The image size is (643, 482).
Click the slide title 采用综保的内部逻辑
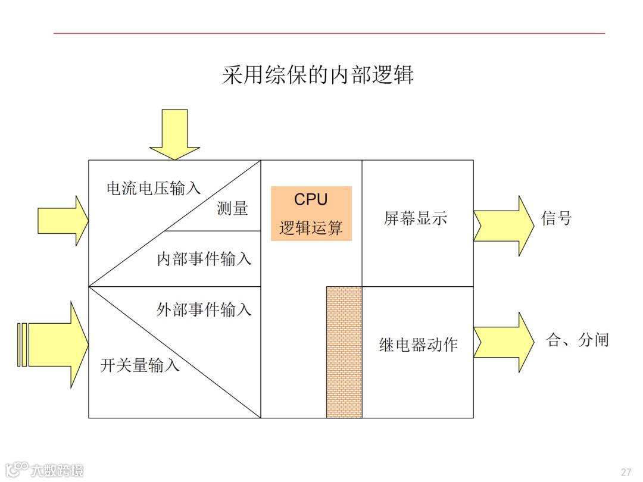[317, 76]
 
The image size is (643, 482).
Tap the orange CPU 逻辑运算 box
[311, 213]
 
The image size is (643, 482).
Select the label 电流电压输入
[154, 189]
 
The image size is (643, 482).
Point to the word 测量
[232, 208]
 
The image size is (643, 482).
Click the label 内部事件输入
[204, 259]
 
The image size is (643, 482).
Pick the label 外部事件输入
[204, 310]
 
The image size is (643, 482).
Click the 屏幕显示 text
[415, 218]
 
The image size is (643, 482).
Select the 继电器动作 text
[418, 345]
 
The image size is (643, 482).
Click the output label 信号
[556, 218]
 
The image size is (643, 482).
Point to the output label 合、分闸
[577, 340]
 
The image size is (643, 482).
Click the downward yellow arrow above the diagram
[174, 134]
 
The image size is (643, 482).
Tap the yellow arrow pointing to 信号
[504, 226]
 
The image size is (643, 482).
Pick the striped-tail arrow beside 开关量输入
[54, 345]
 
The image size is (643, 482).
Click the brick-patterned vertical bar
[344, 352]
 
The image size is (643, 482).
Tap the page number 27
[626, 472]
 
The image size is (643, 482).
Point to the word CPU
[311, 199]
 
